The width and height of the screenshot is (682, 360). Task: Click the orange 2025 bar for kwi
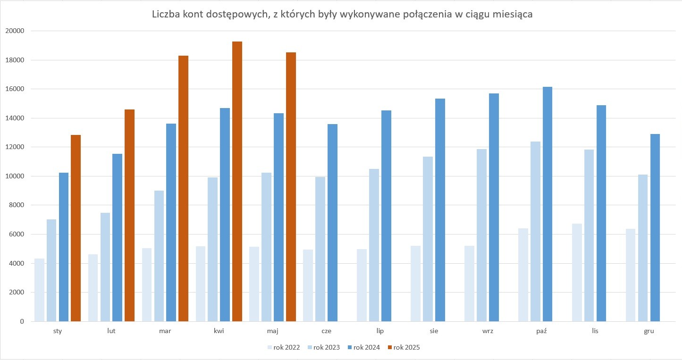pyautogui.click(x=237, y=182)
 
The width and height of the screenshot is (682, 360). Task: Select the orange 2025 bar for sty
pyautogui.click(x=76, y=228)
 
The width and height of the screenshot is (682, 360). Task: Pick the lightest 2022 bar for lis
pyautogui.click(x=577, y=273)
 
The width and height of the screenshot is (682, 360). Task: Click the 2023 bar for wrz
pyautogui.click(x=481, y=235)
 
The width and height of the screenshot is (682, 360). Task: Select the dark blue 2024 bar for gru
pyautogui.click(x=655, y=228)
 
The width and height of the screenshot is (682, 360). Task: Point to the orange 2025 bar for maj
pyautogui.click(x=291, y=187)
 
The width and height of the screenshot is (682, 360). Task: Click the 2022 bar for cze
pyautogui.click(x=308, y=285)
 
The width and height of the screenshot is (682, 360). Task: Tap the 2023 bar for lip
pyautogui.click(x=374, y=245)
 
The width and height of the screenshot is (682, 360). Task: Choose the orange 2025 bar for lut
pyautogui.click(x=129, y=216)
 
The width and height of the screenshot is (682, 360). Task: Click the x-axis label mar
pyautogui.click(x=165, y=331)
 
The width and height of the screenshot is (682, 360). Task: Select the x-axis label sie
pyautogui.click(x=434, y=331)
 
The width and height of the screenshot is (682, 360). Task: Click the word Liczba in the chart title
pyautogui.click(x=165, y=15)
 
